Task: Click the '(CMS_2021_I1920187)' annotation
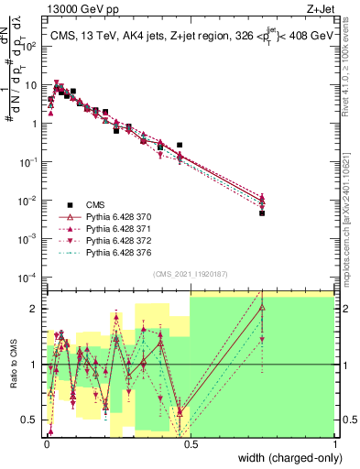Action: [191, 273]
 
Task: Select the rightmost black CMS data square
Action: [262, 213]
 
